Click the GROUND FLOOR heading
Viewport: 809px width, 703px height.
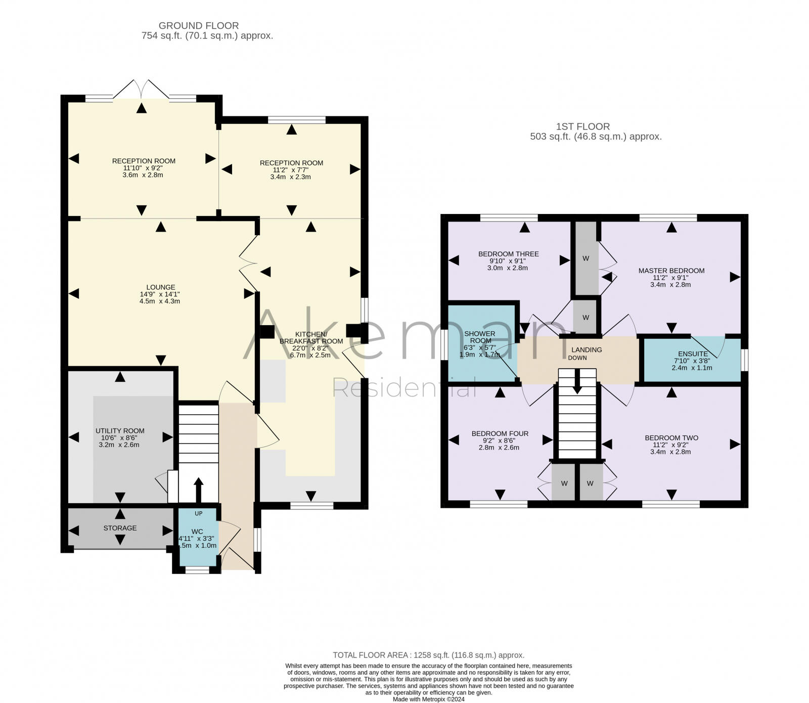point(198,25)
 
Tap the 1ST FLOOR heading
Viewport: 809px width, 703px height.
point(582,126)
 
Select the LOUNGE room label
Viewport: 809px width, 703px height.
point(161,287)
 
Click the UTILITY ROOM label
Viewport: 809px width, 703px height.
point(120,431)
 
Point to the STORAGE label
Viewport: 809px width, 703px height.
point(120,528)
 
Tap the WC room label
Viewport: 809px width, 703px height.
point(197,532)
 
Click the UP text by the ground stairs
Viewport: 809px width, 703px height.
point(198,513)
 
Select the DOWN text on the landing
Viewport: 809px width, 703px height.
point(577,358)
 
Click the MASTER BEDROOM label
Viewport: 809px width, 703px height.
point(671,271)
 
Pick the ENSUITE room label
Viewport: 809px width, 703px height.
point(693,354)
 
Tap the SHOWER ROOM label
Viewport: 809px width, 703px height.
point(480,337)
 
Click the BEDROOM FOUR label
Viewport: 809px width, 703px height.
point(500,433)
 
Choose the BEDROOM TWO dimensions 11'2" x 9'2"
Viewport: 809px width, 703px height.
point(671,445)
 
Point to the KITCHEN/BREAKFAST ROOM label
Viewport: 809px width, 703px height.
point(311,338)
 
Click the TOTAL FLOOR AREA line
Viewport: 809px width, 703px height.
point(428,655)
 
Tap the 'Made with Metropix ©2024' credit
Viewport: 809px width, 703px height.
point(428,700)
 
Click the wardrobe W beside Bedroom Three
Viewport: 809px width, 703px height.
point(586,258)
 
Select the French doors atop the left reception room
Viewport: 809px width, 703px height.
point(141,90)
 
